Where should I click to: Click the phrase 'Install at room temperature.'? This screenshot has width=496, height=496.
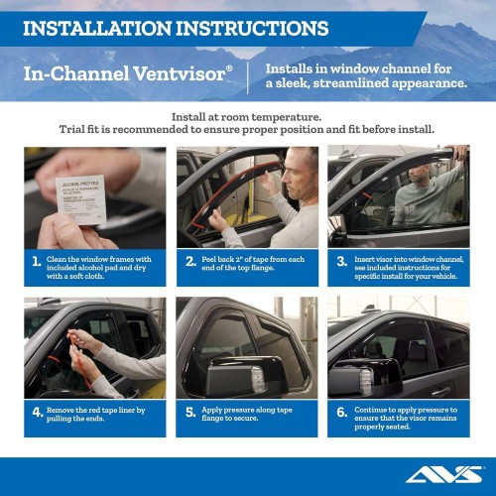247,116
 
